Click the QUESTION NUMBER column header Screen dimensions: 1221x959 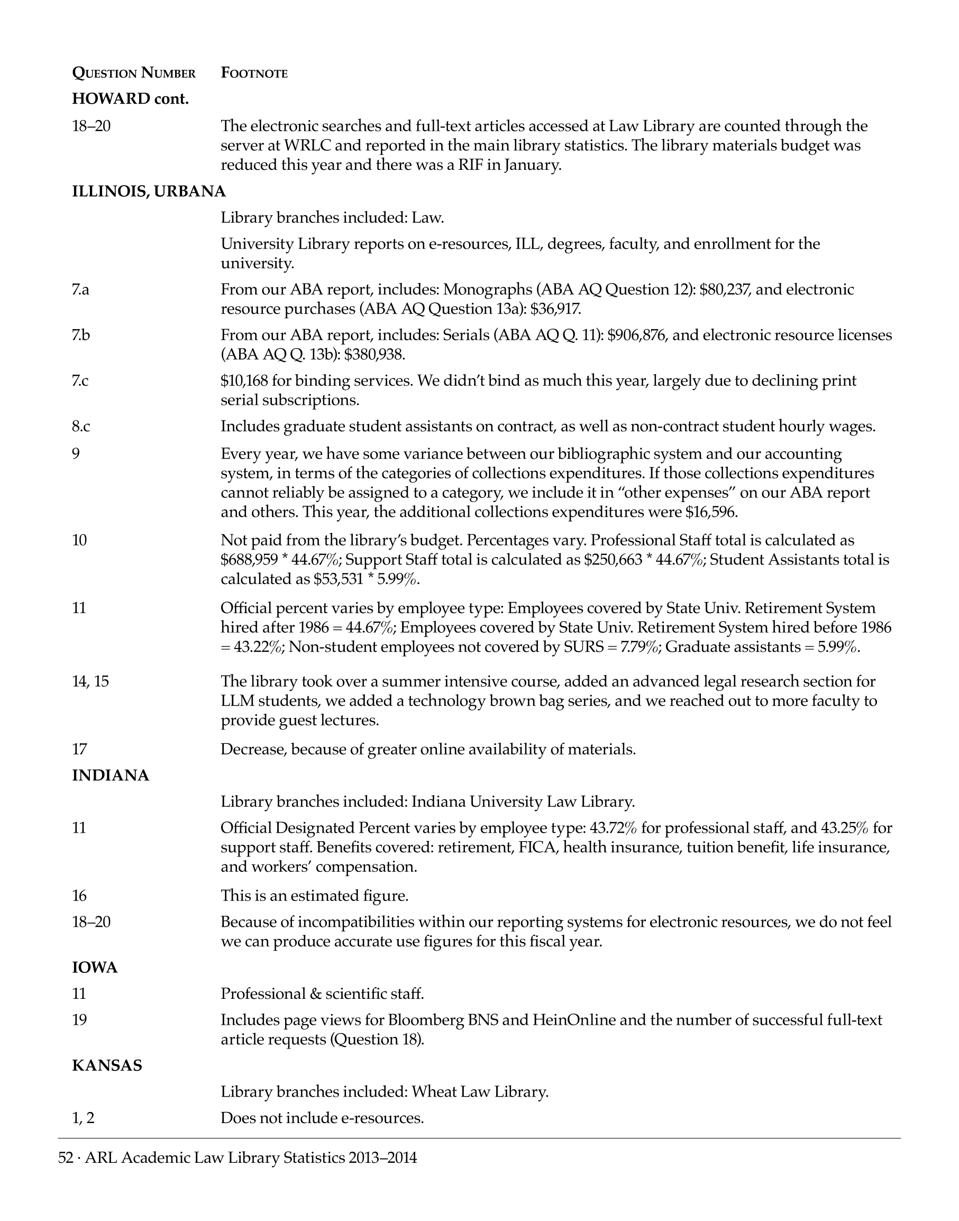click(134, 73)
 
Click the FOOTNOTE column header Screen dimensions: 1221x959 click(254, 73)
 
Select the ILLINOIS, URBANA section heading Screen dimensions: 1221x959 click(149, 192)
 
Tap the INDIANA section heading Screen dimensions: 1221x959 click(111, 776)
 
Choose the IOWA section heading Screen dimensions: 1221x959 click(95, 968)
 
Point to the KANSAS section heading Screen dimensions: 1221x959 click(107, 1065)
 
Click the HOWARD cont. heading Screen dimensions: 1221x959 click(130, 99)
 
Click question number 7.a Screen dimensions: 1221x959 click(80, 290)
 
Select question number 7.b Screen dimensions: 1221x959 click(81, 335)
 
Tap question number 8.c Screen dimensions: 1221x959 click(81, 427)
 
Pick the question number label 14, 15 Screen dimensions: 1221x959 click(90, 682)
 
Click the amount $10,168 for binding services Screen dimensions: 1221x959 click(244, 381)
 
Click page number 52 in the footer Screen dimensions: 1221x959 click(66, 1158)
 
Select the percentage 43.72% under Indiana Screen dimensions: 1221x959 click(613, 828)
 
